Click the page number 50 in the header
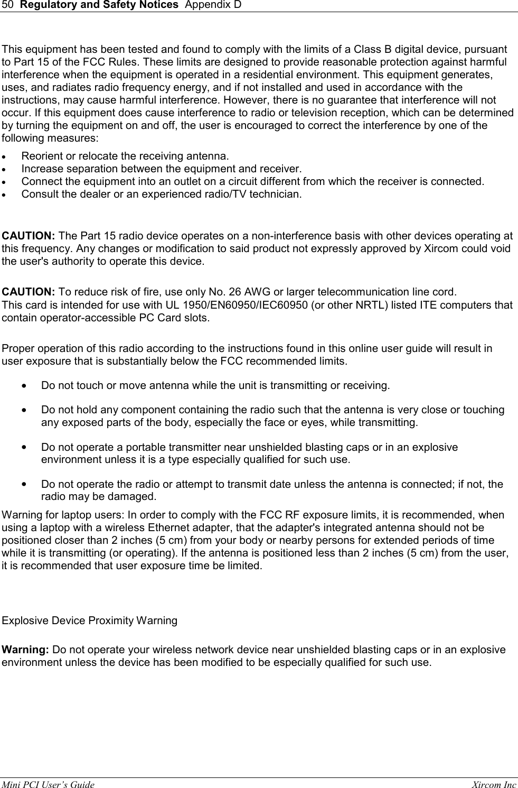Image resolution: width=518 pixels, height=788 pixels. click(7, 5)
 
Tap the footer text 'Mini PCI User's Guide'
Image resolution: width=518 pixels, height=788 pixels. click(49, 785)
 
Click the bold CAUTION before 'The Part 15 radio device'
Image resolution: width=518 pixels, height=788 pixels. click(29, 236)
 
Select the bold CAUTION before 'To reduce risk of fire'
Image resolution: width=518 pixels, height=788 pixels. click(29, 292)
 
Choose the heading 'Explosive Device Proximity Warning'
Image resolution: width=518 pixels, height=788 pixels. click(90, 620)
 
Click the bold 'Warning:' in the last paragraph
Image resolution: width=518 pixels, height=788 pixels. click(26, 650)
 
